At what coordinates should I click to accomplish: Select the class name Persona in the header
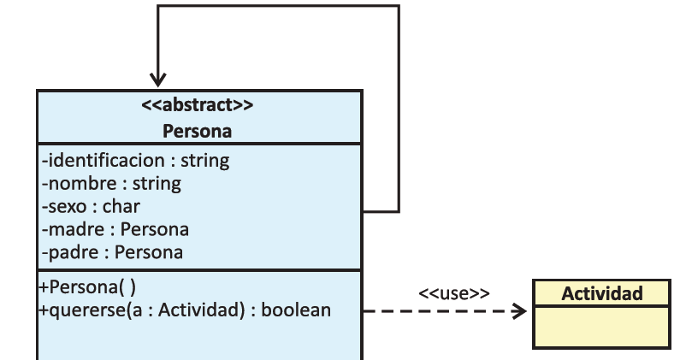198,131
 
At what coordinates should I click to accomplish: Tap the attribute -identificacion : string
135,160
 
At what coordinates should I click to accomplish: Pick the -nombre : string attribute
111,183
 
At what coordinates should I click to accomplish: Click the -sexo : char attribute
91,206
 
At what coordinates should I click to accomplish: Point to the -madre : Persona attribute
115,229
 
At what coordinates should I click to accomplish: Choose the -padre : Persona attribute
112,252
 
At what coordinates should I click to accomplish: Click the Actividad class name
601,293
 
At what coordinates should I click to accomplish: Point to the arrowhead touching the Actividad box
520,311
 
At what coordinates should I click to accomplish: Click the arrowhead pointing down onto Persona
157,80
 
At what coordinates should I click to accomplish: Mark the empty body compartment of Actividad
601,328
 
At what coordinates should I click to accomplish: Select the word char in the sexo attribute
121,206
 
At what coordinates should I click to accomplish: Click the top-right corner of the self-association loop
399,7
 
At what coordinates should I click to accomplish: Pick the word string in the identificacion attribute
205,160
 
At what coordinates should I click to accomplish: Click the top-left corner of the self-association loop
157,7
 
